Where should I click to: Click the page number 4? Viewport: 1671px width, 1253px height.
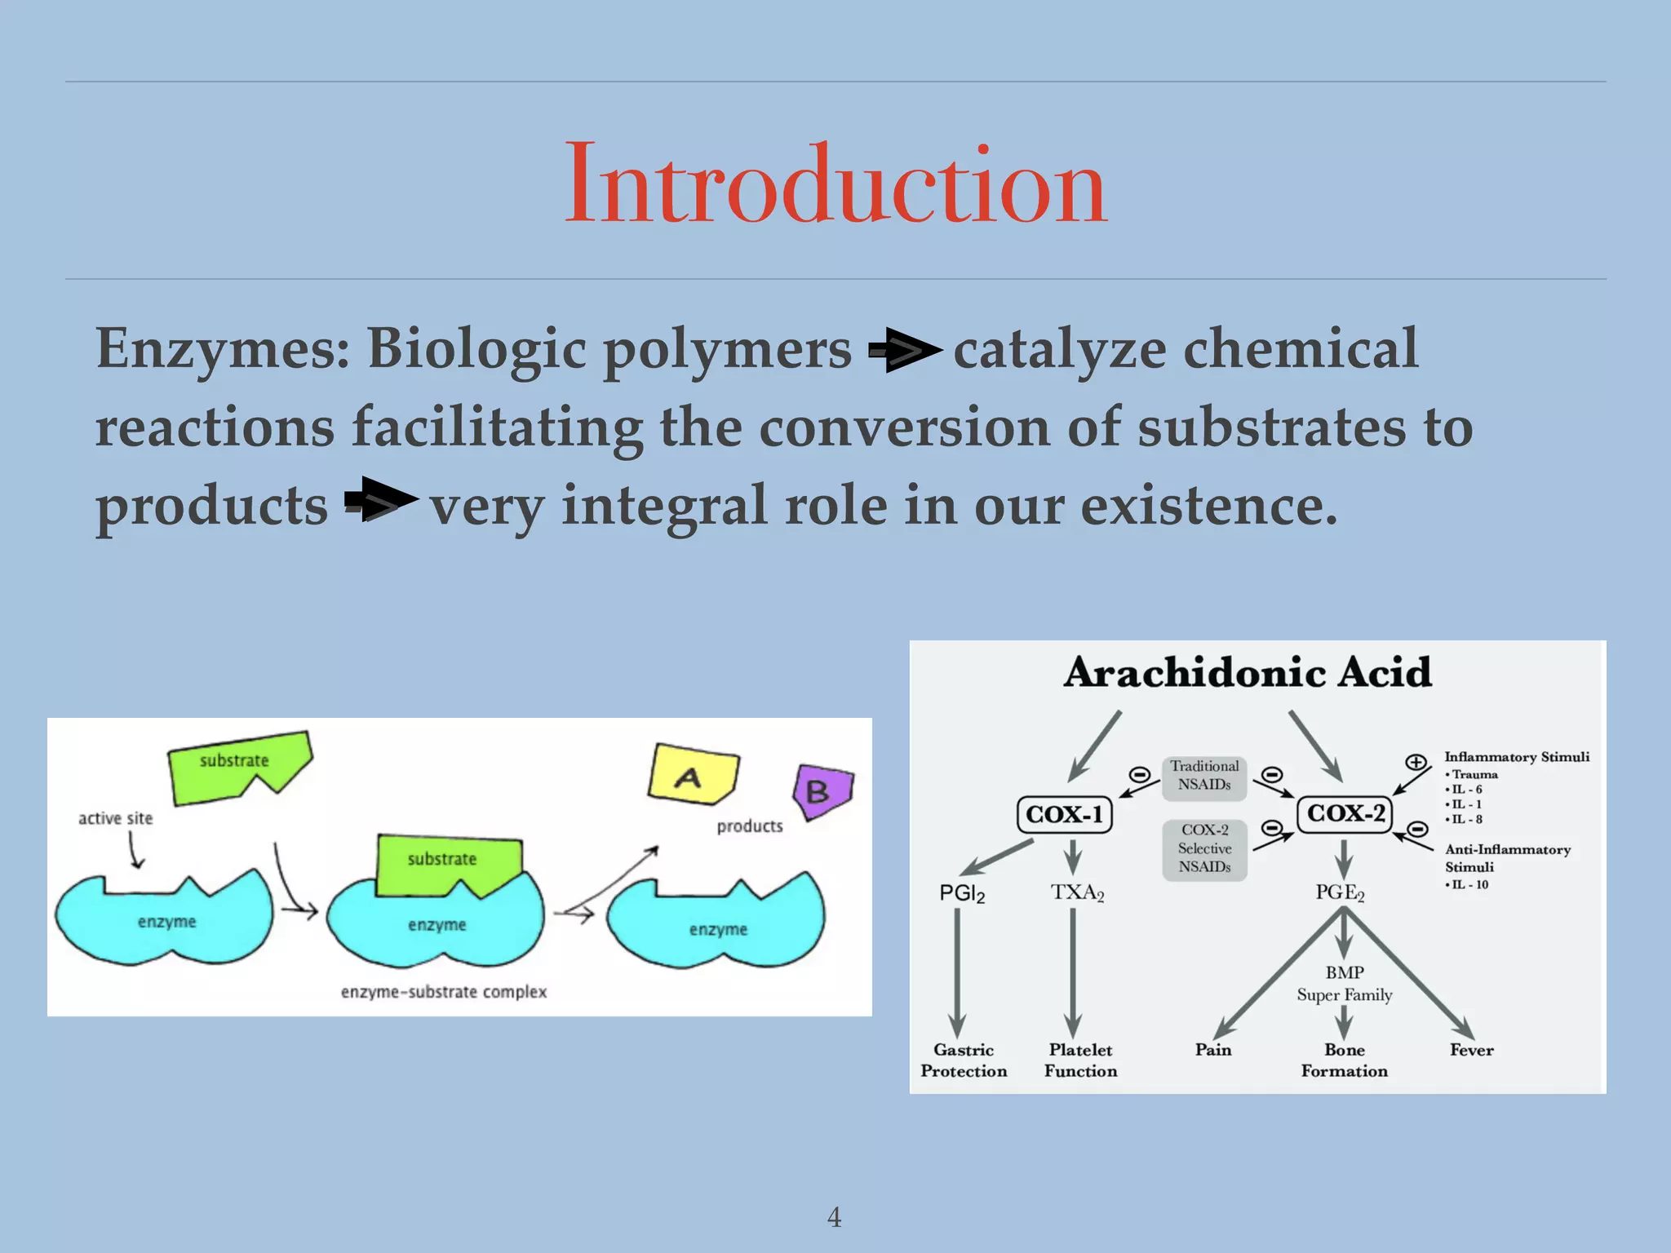834,1217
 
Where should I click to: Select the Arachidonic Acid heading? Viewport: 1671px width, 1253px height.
1248,673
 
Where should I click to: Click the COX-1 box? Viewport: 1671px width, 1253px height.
1064,814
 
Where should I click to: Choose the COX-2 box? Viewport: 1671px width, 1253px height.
1345,813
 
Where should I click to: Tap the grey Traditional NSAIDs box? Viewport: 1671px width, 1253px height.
1204,776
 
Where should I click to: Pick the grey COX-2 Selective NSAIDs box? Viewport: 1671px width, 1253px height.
1204,849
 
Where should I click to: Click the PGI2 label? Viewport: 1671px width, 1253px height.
962,893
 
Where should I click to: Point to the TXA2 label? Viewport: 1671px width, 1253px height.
1077,892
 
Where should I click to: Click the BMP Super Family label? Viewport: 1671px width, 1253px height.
1344,984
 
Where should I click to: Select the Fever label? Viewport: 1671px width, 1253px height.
1471,1050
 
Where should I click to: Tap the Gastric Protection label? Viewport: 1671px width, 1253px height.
964,1060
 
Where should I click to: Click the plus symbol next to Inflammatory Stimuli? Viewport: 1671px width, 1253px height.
1416,763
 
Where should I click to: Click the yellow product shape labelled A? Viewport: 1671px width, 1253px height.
692,773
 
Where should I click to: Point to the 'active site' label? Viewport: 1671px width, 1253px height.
115,818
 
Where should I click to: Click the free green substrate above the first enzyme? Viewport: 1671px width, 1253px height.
237,765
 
